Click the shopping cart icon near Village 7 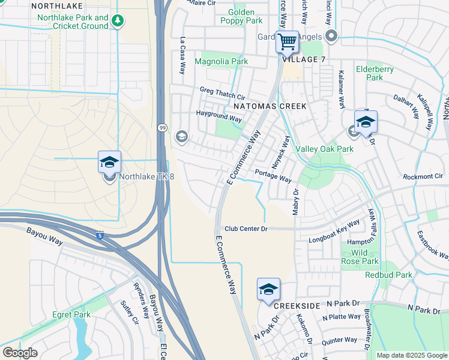[x=288, y=41]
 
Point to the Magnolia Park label [x=221, y=61]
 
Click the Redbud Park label [x=392, y=275]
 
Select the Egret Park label [x=71, y=314]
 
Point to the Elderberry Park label [x=375, y=73]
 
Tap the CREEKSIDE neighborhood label [x=298, y=306]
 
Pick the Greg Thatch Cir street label [x=223, y=96]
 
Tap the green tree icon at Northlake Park [x=118, y=21]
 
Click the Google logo [x=20, y=353]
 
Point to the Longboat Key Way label [x=334, y=231]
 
